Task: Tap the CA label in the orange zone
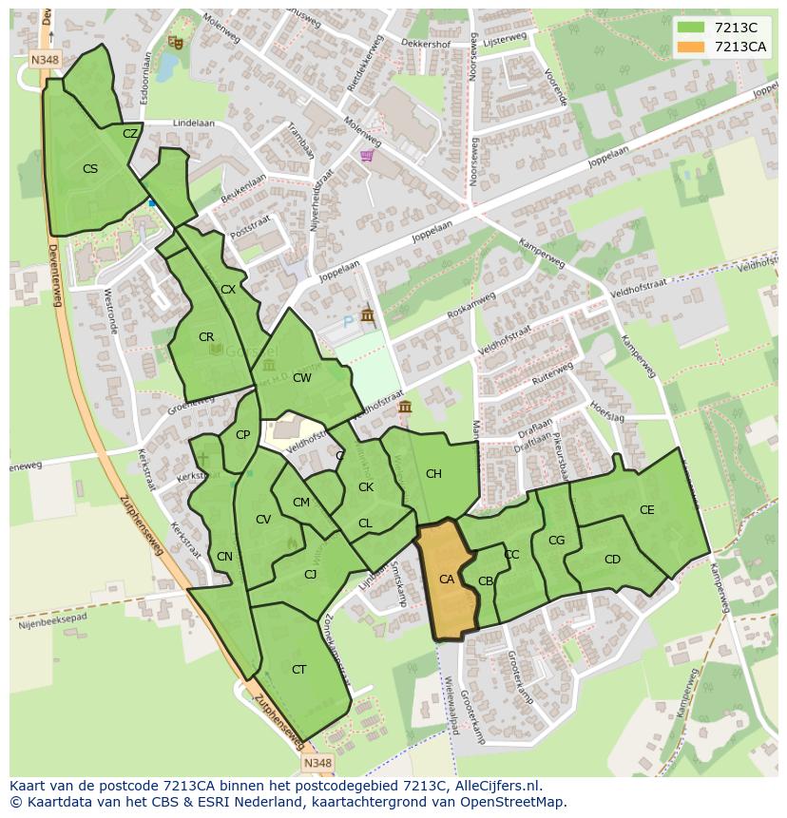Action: click(447, 580)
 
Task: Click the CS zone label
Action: click(90, 169)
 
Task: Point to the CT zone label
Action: click(299, 670)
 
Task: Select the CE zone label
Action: click(647, 510)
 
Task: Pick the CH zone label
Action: click(433, 474)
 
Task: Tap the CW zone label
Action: click(302, 378)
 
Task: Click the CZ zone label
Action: click(130, 134)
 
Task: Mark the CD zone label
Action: click(612, 560)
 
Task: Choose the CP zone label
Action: click(242, 435)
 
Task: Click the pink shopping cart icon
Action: click(367, 156)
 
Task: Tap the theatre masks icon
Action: click(174, 42)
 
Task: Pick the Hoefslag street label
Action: click(605, 409)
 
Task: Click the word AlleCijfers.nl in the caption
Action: click(494, 787)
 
